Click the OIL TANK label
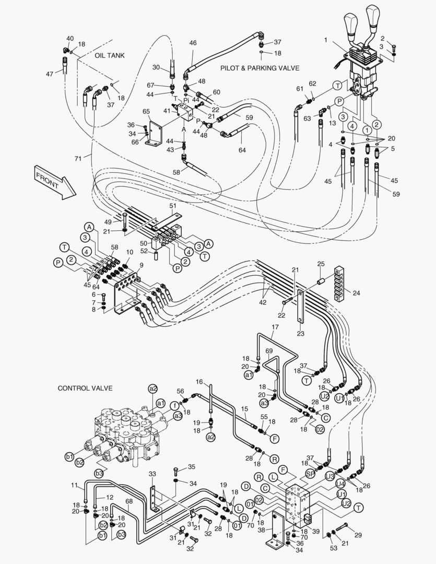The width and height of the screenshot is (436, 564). coord(110,55)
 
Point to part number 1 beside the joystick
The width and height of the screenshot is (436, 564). coord(325,39)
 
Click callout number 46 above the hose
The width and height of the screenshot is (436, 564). coord(193,43)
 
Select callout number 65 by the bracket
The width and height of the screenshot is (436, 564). coord(146,111)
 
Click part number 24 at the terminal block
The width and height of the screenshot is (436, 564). coord(356,293)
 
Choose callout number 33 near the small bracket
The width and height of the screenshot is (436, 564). coord(152,474)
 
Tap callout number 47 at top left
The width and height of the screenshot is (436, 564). coord(49,74)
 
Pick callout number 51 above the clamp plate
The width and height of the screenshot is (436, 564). coord(173,206)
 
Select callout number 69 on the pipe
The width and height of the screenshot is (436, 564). coord(269,350)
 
